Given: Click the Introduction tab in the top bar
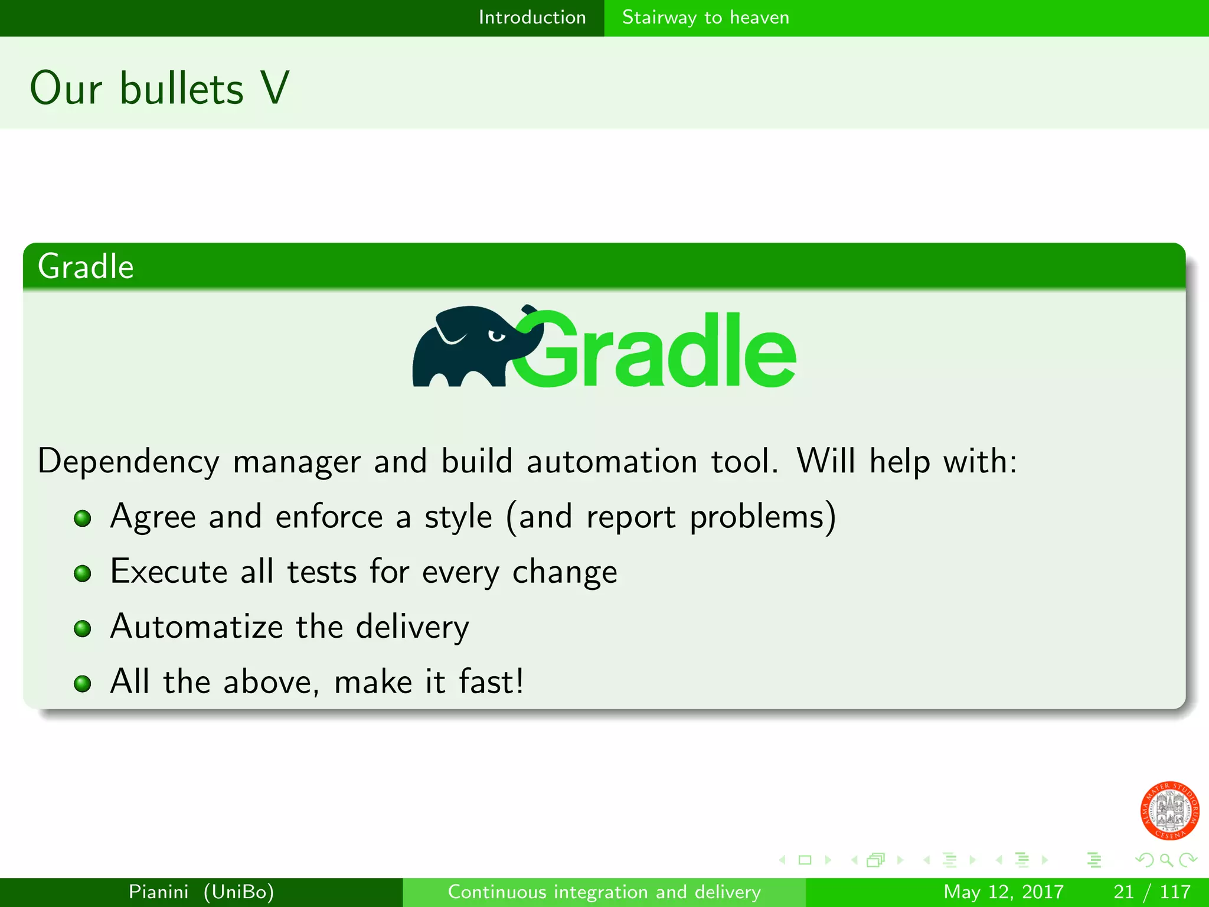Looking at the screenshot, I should [x=532, y=17].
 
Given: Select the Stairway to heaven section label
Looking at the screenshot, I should [x=705, y=17].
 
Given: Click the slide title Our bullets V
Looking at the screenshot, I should [x=159, y=89].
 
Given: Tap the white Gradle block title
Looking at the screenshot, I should [x=86, y=266].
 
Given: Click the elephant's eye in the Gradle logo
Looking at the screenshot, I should [x=496, y=336].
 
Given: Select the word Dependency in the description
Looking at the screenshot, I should [x=128, y=462].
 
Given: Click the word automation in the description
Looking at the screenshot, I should [x=612, y=461].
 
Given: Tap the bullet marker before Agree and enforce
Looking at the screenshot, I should [x=83, y=518].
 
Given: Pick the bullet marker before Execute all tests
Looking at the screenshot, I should [x=83, y=573].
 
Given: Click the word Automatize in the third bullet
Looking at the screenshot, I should [x=197, y=627].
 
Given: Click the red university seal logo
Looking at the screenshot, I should [x=1169, y=810].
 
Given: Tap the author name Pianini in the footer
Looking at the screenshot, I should [x=158, y=892].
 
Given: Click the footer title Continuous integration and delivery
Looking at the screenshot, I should [x=604, y=892].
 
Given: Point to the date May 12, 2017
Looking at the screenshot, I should [x=1003, y=892].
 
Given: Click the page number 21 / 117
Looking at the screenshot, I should [x=1152, y=892].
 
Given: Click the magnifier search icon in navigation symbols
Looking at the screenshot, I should [x=1166, y=860].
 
